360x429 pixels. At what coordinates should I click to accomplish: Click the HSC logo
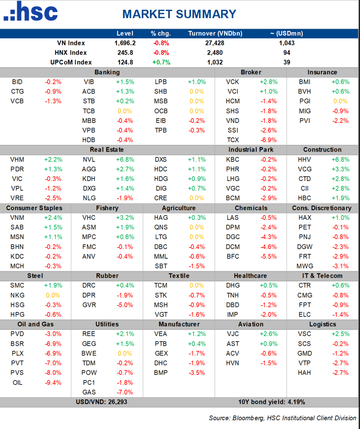[x=30, y=12]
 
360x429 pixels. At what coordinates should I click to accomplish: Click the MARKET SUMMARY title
[x=179, y=14]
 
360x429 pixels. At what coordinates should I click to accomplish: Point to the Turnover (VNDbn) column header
[x=215, y=33]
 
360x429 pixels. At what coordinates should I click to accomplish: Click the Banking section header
[x=107, y=72]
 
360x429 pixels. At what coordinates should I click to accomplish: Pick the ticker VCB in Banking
[x=17, y=101]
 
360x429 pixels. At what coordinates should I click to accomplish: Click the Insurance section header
[x=323, y=72]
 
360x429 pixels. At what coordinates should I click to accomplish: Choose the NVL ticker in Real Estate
[x=89, y=159]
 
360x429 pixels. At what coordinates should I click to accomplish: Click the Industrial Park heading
[x=251, y=150]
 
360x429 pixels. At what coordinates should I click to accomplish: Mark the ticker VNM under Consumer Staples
[x=17, y=217]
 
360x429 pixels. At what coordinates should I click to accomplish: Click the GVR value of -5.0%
[x=125, y=305]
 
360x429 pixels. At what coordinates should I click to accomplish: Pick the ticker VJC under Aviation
[x=232, y=334]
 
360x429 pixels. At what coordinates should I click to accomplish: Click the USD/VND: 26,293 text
[x=107, y=402]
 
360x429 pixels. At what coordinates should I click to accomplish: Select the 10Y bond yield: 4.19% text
[x=269, y=402]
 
